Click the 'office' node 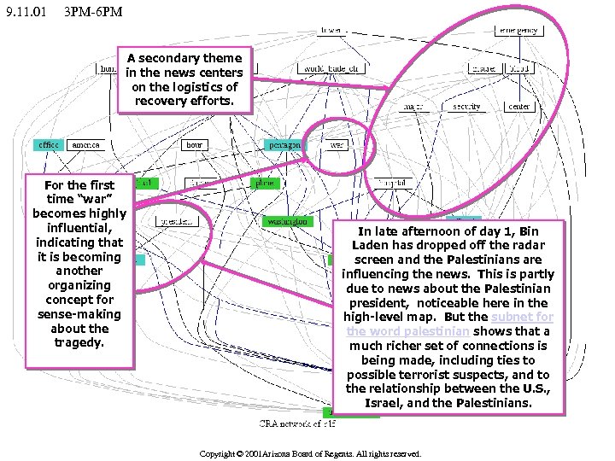point(49,145)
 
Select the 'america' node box point(85,145)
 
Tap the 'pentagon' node point(284,145)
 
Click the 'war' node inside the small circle point(337,145)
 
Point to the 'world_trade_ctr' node point(333,68)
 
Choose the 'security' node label point(467,107)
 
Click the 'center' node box point(518,107)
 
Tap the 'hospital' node point(393,184)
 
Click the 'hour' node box point(196,145)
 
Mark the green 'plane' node point(264,183)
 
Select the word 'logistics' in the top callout point(204,87)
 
